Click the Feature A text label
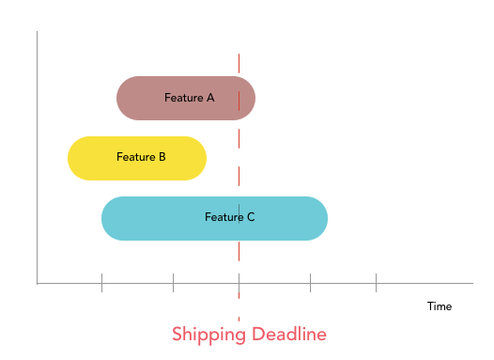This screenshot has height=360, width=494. click(189, 98)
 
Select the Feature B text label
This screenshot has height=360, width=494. click(141, 157)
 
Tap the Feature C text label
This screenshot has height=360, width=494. click(229, 217)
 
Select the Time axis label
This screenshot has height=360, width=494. click(440, 306)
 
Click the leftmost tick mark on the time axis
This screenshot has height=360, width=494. click(101, 281)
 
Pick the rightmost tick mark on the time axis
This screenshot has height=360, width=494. click(376, 281)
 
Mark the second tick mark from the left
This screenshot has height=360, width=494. click(173, 281)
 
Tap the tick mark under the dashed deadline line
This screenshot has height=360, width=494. click(239, 281)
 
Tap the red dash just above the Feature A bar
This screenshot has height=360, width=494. click(239, 63)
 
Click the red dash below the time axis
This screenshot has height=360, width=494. click(239, 309)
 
